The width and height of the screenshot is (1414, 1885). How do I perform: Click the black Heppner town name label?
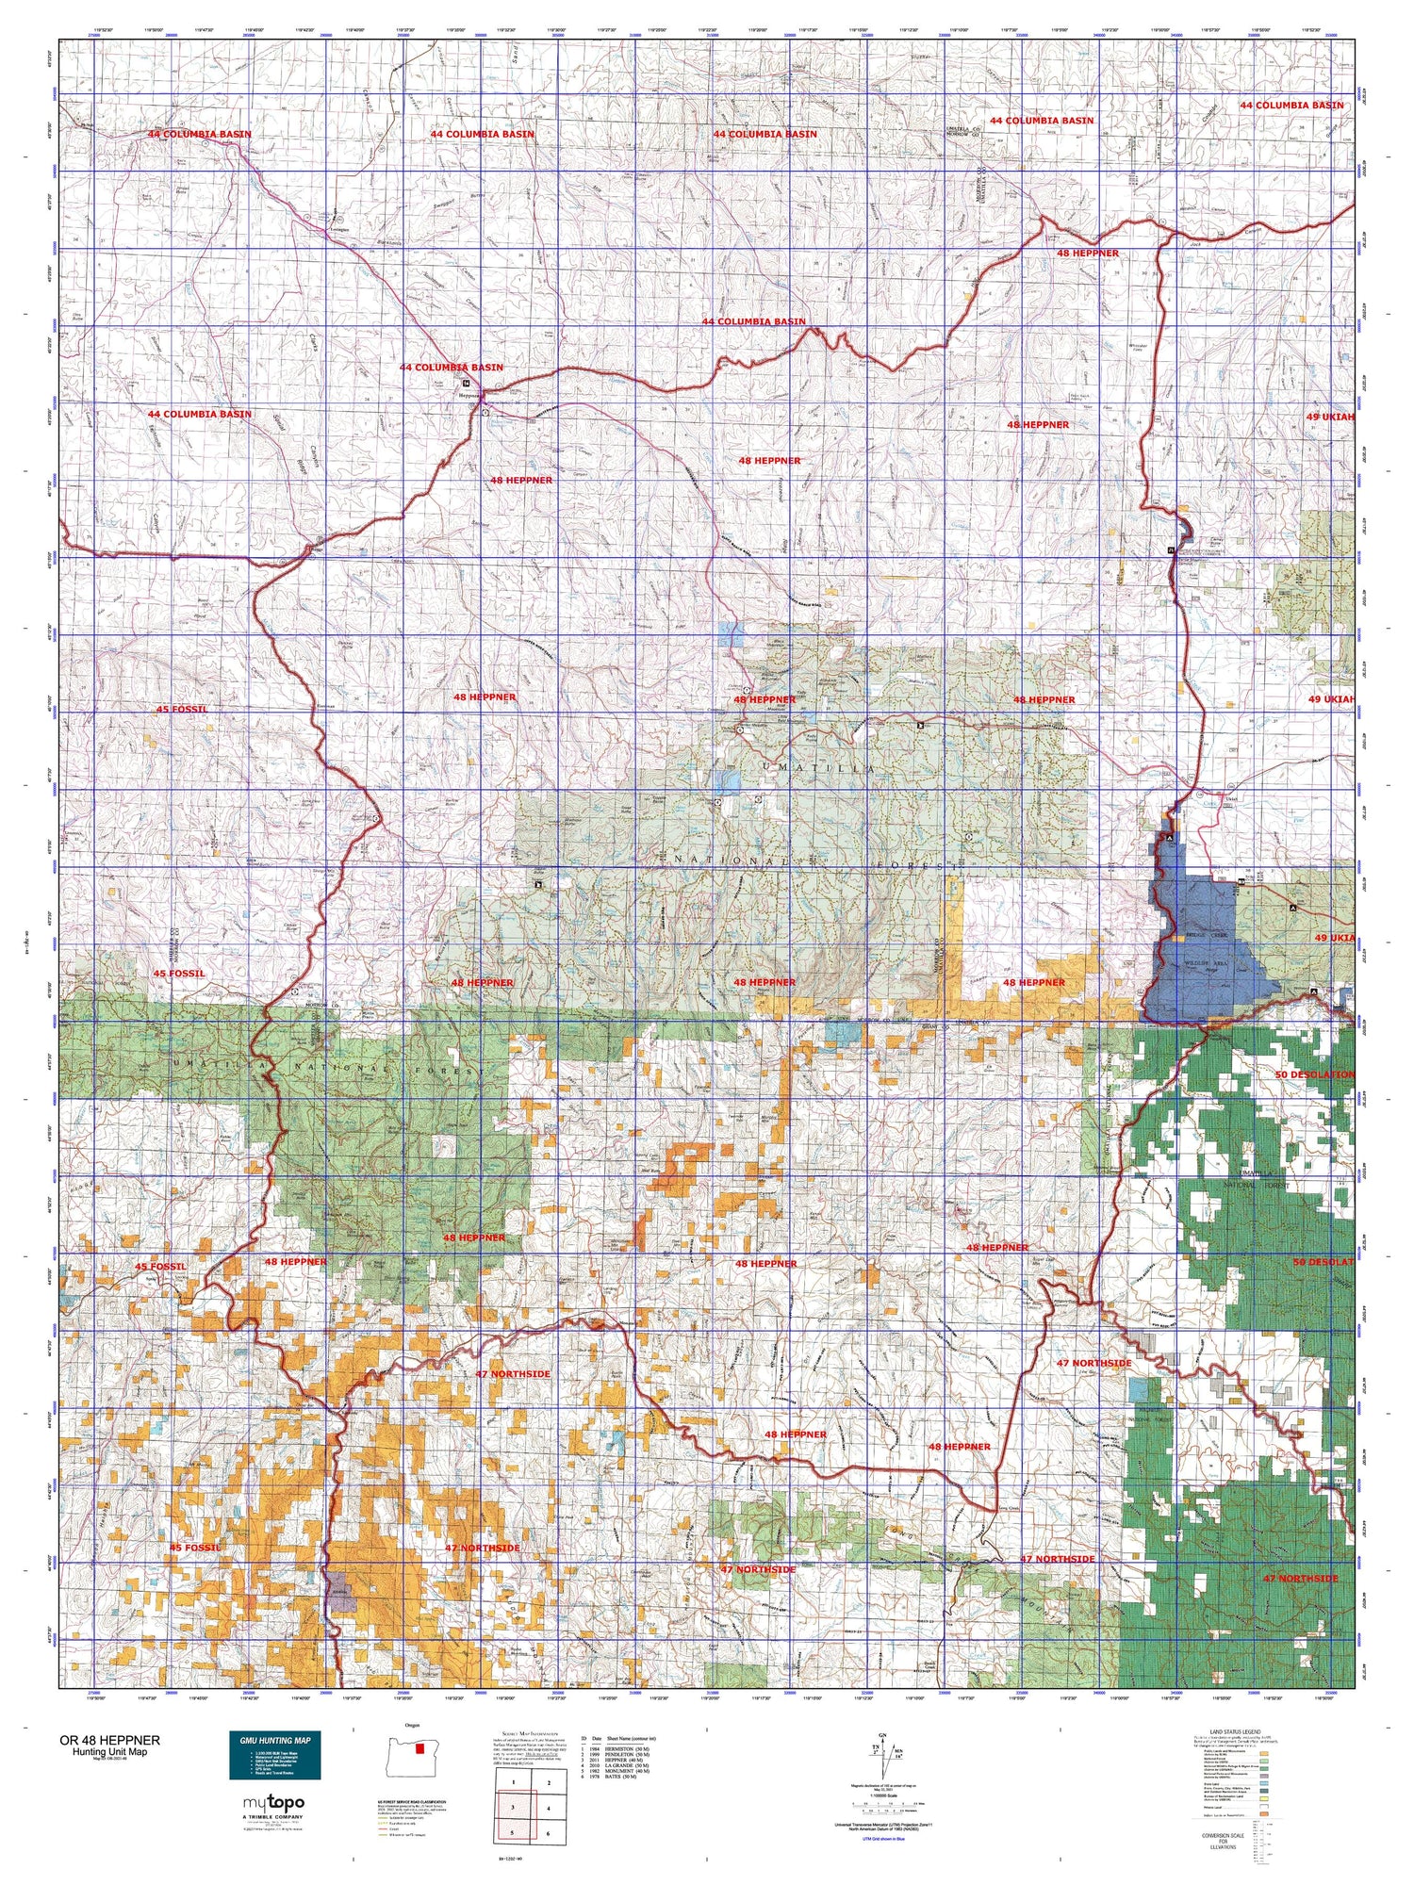tap(470, 396)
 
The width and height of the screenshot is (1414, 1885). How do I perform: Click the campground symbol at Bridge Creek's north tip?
tap(1170, 837)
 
